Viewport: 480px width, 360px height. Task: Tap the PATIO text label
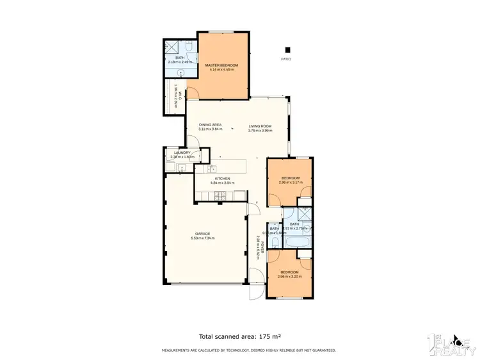pos(286,59)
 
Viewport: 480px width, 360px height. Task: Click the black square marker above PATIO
pos(287,49)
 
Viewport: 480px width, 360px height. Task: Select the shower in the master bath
pos(171,48)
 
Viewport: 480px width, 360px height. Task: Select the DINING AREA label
pos(209,125)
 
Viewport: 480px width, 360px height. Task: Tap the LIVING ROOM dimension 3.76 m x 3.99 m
pos(260,131)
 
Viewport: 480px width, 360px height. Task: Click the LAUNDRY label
pos(180,152)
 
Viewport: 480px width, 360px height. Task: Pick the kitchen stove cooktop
pos(220,195)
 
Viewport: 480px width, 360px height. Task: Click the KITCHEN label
pos(222,178)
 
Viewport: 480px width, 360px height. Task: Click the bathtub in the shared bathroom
pos(298,241)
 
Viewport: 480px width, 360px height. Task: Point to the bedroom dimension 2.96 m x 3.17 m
pos(289,183)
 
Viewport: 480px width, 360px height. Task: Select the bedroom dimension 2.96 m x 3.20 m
pos(289,277)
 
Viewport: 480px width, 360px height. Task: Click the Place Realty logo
pos(453,343)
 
